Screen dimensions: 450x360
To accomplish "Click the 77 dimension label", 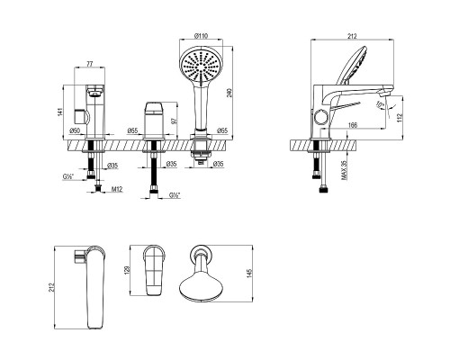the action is (x=90, y=64).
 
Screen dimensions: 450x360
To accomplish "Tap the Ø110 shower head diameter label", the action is (x=201, y=36).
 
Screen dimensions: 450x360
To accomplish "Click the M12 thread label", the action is (x=117, y=189).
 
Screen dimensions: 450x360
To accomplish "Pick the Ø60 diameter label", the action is (x=75, y=130).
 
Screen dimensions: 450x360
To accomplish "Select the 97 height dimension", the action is (x=173, y=121).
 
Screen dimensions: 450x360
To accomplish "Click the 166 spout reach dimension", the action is (x=354, y=125).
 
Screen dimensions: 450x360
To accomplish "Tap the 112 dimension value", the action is (x=400, y=118).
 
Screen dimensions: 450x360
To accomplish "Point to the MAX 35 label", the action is (x=344, y=170).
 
